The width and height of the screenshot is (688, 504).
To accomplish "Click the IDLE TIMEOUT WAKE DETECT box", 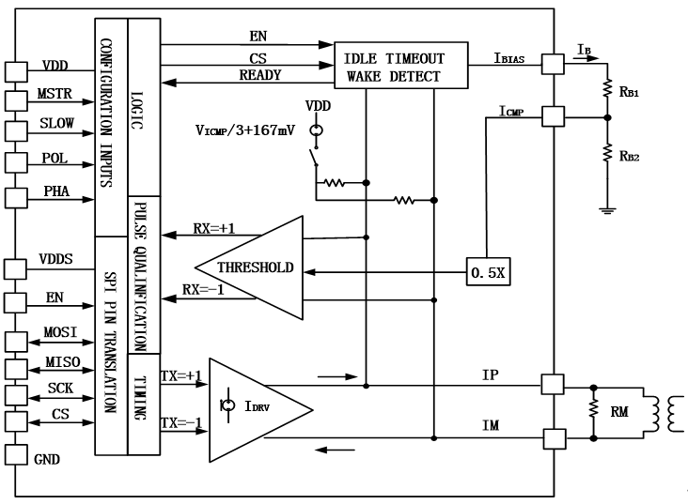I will click(x=401, y=67).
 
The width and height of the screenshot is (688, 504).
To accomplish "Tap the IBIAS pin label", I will click(x=514, y=58).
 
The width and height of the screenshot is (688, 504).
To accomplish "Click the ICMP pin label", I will click(x=512, y=111).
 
